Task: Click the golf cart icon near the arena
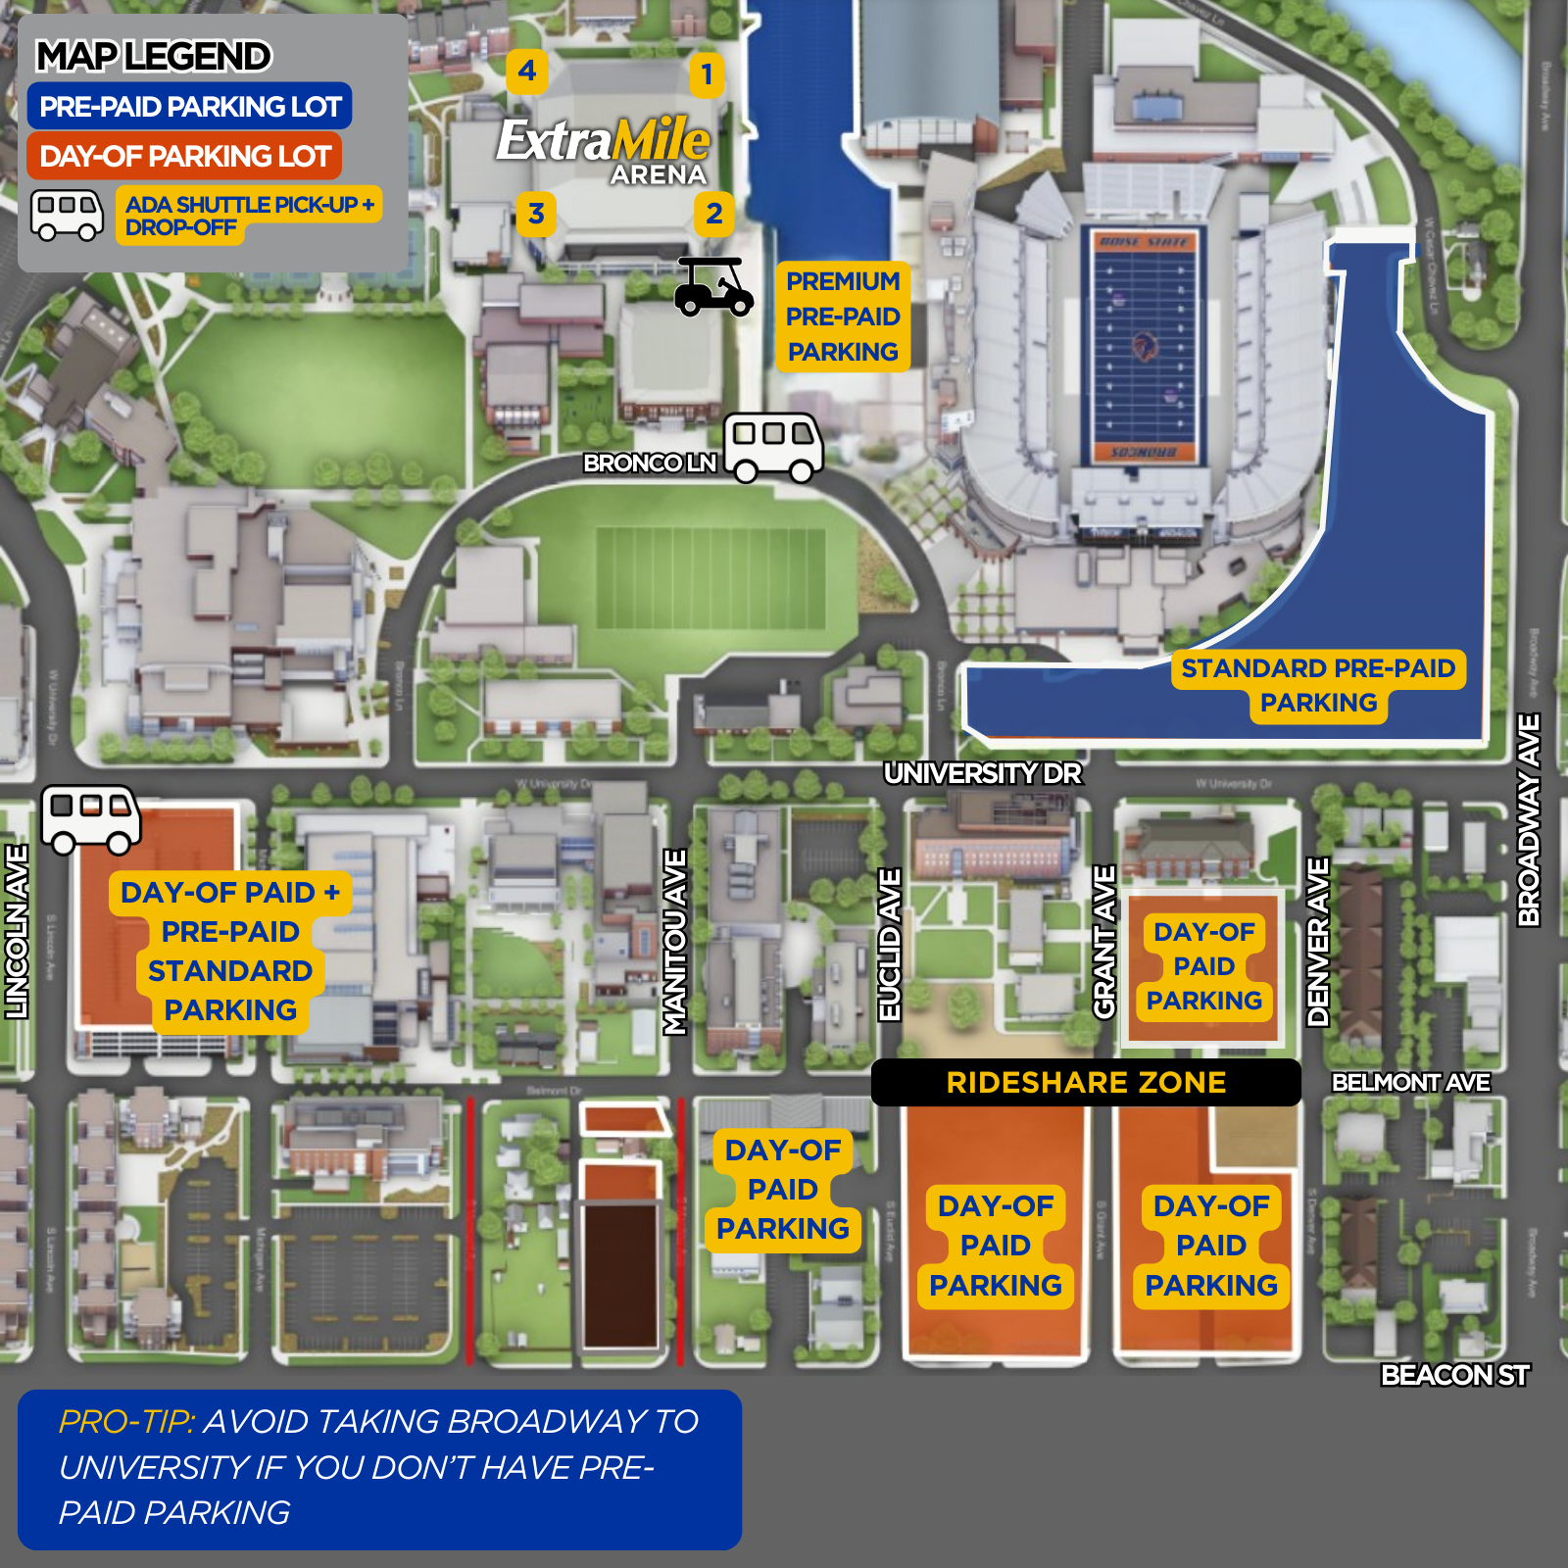[x=712, y=287]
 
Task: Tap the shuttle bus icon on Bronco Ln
[x=773, y=447]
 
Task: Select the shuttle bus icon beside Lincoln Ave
[x=90, y=819]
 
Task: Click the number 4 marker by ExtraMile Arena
[x=527, y=71]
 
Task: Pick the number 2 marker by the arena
[x=714, y=214]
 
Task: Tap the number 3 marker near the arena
[x=536, y=214]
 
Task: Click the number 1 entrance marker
[x=707, y=74]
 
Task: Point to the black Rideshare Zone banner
[x=1086, y=1082]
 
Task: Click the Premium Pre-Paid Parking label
[x=843, y=317]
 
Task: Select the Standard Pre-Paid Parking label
[x=1318, y=685]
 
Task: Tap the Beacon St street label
[x=1453, y=1375]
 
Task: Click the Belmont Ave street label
[x=1410, y=1082]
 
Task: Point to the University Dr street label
[x=982, y=773]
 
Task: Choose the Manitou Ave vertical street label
[x=675, y=942]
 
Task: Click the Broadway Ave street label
[x=1529, y=819]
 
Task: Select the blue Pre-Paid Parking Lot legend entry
[x=189, y=106]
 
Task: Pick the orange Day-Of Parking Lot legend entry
[x=184, y=156]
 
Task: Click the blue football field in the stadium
[x=1143, y=347]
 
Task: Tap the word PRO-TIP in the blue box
[x=127, y=1421]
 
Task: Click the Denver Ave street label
[x=1318, y=942]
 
